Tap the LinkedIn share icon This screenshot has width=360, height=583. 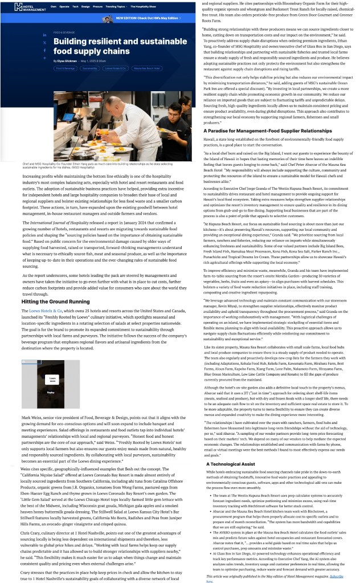click(44, 35)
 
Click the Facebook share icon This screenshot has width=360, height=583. click(44, 50)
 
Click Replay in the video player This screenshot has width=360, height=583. click(51, 393)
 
